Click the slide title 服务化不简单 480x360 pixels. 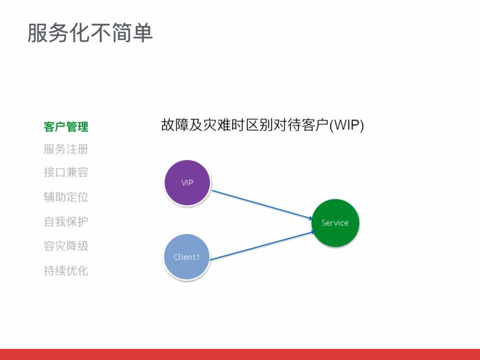click(x=90, y=33)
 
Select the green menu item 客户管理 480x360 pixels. click(x=66, y=127)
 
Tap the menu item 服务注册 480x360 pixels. click(x=66, y=149)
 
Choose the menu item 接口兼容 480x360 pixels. click(x=66, y=172)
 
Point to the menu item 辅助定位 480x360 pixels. click(x=66, y=197)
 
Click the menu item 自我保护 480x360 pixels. click(x=66, y=221)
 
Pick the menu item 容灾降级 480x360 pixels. click(x=66, y=246)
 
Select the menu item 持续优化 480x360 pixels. click(x=66, y=270)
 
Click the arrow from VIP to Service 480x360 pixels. click(x=260, y=204)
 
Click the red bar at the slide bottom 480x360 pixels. click(x=240, y=354)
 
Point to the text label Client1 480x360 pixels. click(x=187, y=257)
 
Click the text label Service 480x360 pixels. click(x=335, y=223)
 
